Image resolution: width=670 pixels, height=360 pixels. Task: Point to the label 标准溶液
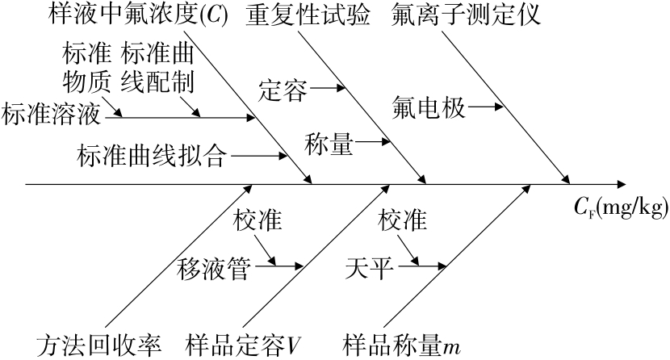click(52, 115)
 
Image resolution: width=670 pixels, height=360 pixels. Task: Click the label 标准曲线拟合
click(151, 153)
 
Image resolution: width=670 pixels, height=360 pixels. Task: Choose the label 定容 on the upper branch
click(282, 90)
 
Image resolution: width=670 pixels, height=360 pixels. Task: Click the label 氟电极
click(430, 107)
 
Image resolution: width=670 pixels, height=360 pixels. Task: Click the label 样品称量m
click(401, 345)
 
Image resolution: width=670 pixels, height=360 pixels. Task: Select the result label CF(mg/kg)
click(621, 209)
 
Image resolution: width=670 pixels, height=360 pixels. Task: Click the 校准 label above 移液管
click(258, 221)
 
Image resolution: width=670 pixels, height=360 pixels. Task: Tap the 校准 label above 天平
click(401, 221)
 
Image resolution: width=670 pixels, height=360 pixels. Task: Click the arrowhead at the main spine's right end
click(621, 184)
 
